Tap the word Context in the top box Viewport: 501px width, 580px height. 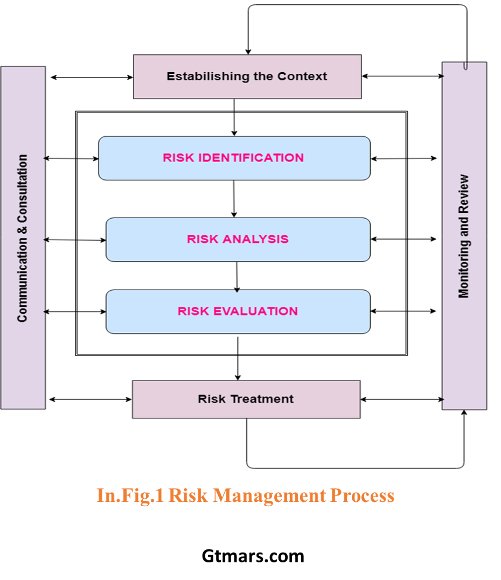coord(302,76)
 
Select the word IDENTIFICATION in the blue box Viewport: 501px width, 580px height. coord(251,158)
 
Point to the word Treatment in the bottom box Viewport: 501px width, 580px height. coord(262,399)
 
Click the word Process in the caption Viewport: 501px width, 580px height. coord(361,495)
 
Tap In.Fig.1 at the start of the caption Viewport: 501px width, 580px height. coord(130,495)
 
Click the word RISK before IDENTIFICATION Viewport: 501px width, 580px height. coord(179,158)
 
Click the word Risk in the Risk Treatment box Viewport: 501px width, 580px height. coord(212,399)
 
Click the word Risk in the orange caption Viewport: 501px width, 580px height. coord(188,495)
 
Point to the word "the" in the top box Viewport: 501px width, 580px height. coord(263,76)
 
